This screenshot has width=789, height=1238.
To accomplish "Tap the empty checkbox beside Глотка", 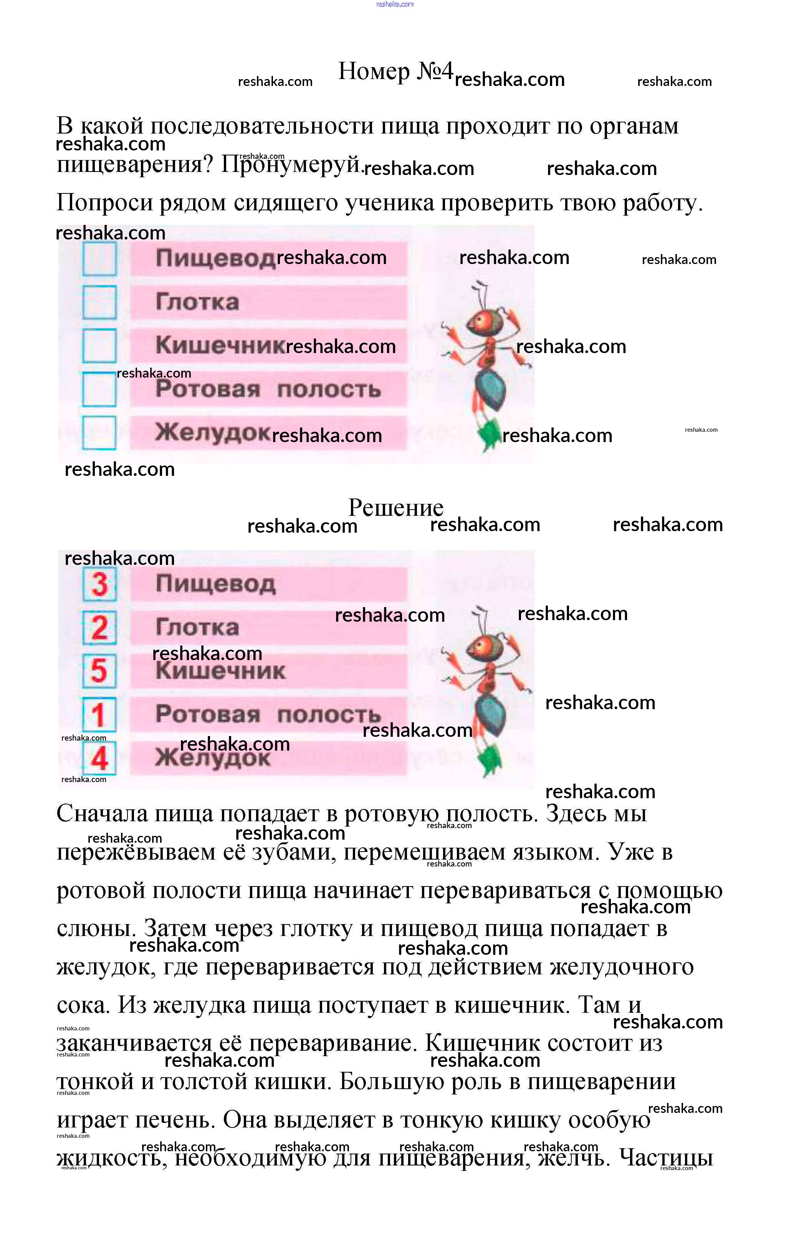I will tap(99, 302).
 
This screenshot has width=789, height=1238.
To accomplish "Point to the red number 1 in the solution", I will tap(98, 715).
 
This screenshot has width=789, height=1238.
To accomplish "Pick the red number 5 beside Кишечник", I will tap(99, 671).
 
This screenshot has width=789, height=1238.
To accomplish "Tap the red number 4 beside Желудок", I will tap(99, 758).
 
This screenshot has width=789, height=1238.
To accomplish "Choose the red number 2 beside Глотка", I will tap(99, 628).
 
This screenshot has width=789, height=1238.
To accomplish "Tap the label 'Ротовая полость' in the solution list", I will tap(268, 714).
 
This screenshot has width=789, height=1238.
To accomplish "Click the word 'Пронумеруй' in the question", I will tap(291, 165).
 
